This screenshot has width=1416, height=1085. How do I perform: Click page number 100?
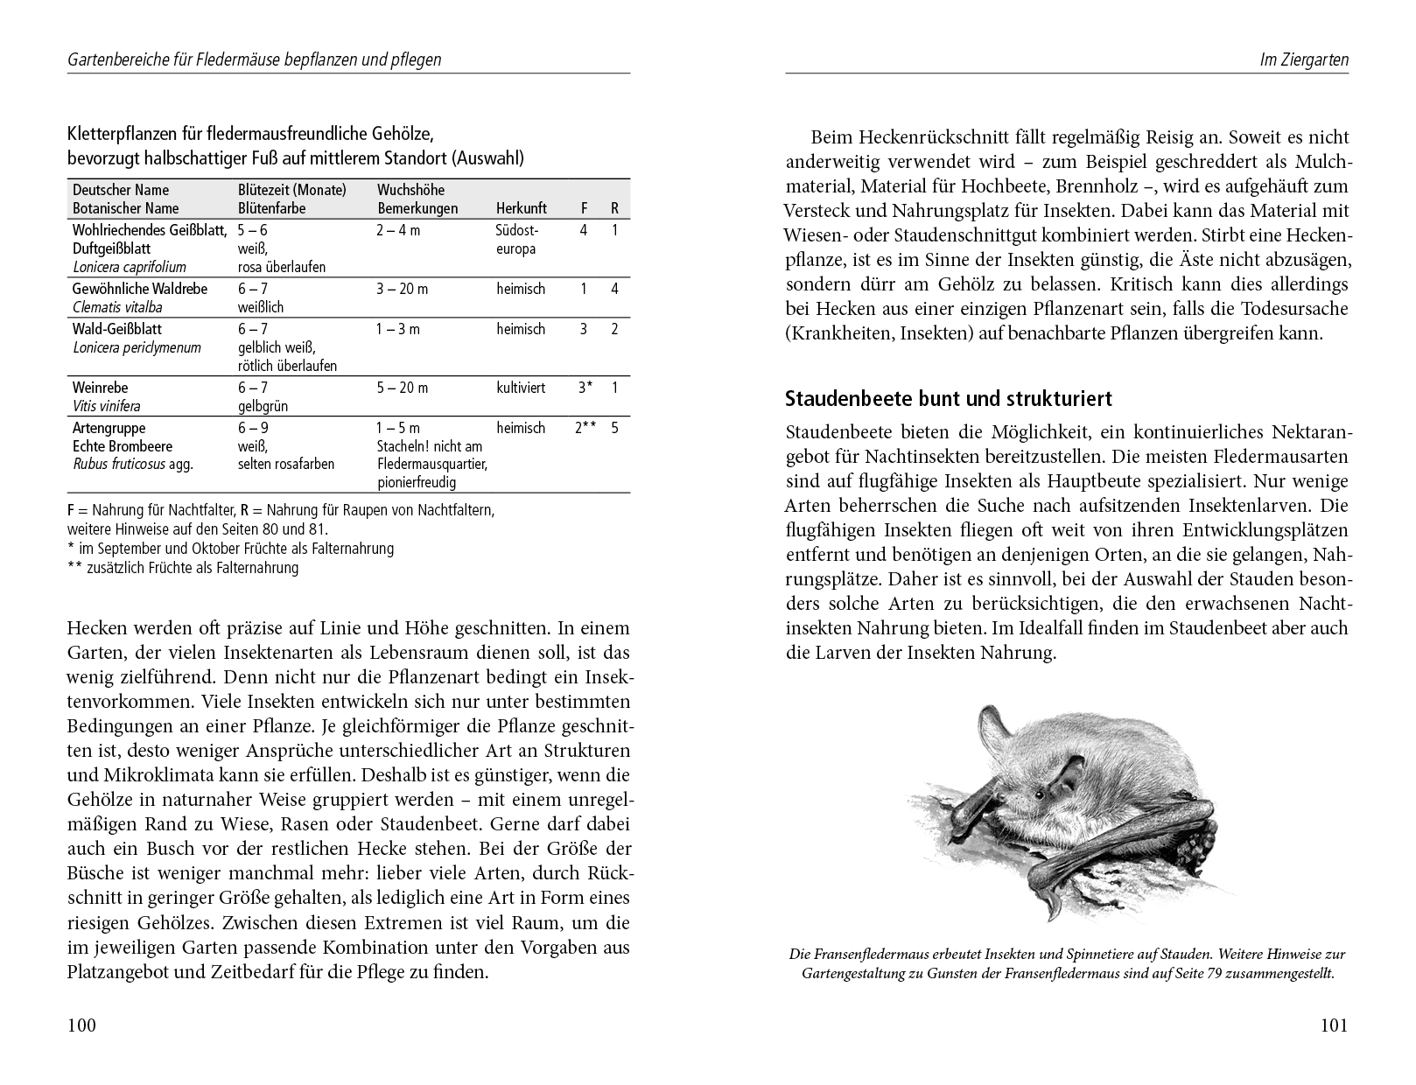coord(81,1025)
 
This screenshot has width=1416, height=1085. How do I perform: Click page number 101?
coord(1334,1025)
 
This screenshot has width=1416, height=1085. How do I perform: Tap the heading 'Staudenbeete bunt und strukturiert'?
coord(949,399)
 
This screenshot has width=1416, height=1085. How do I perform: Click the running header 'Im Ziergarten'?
coord(1304,60)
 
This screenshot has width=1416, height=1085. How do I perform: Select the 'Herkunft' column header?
coord(521,208)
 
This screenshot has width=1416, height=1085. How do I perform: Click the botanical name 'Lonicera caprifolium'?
coord(130,268)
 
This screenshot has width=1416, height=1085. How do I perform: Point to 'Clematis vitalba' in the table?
coord(117,307)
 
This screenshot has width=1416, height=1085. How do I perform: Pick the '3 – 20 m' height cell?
coord(403,289)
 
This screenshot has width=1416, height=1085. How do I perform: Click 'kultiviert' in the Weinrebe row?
coord(521,388)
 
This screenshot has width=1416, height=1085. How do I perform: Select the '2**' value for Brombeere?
coord(585,428)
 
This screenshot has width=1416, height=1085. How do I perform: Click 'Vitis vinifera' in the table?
coord(107,406)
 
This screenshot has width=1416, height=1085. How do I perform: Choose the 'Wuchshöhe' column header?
coord(410,190)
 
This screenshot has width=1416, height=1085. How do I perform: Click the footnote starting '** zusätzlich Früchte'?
coord(183,568)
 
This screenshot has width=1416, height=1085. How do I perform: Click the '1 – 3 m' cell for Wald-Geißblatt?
coord(398,329)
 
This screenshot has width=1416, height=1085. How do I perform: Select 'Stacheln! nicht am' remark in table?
coord(429,446)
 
